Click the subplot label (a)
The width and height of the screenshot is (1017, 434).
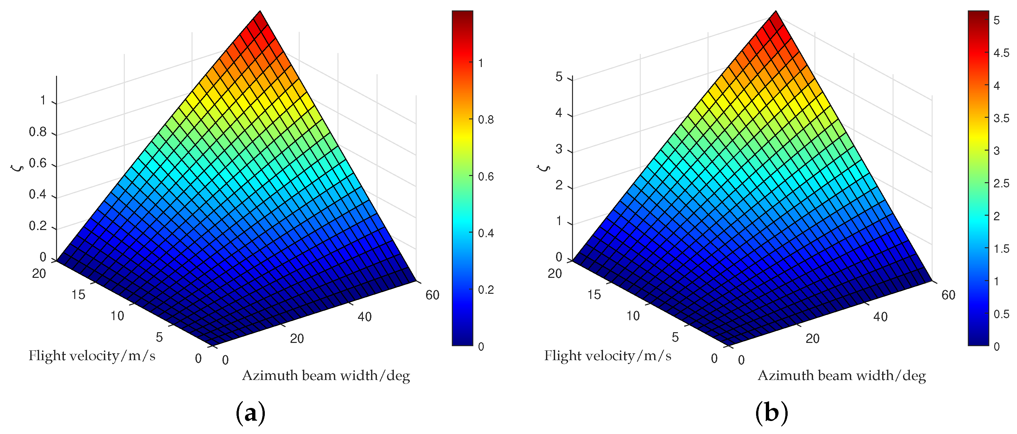[250, 413]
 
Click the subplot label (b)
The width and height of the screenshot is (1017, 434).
[771, 413]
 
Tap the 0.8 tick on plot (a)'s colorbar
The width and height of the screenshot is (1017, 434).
[486, 119]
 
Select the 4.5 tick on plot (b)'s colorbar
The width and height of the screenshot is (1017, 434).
[1001, 53]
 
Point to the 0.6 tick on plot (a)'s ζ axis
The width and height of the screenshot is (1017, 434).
[38, 163]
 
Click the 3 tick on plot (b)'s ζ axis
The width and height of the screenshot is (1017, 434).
[559, 149]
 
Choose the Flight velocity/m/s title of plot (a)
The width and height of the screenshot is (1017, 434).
[92, 356]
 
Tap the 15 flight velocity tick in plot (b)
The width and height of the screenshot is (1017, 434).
[594, 294]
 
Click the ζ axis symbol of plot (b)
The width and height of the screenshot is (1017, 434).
[544, 168]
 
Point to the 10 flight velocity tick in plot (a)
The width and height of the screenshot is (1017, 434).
[117, 316]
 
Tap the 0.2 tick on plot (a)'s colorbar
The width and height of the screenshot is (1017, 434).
[486, 290]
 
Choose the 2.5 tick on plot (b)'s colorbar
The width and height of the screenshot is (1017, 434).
[1001, 183]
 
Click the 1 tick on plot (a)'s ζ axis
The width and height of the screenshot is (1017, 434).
[43, 101]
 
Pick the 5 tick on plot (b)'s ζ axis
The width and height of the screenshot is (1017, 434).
[559, 77]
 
